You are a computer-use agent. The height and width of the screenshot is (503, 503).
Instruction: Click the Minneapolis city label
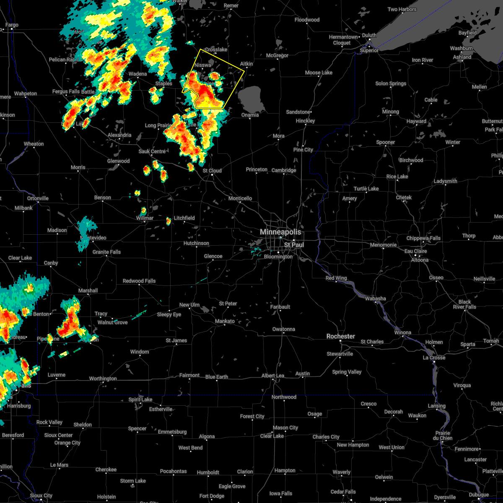tap(280, 232)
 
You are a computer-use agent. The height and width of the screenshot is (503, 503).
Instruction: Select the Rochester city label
tap(341, 336)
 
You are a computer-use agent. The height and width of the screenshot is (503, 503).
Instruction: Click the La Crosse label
tap(434, 358)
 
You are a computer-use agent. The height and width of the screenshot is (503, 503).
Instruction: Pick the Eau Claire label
tap(415, 251)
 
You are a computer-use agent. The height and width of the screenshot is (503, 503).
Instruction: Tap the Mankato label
tap(225, 321)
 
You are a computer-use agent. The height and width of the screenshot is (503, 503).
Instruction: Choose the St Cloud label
tap(212, 171)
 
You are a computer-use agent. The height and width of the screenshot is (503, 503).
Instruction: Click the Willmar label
tap(145, 218)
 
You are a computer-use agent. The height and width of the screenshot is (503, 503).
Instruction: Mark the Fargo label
tap(12, 25)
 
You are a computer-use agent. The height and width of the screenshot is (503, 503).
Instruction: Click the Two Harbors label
tap(402, 9)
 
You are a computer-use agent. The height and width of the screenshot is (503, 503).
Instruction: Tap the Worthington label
tap(103, 379)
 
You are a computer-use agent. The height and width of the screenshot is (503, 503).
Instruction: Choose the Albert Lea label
tap(272, 376)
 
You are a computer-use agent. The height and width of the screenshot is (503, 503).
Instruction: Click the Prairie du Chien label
tap(443, 436)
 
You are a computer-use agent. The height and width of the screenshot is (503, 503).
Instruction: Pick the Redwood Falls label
tap(139, 281)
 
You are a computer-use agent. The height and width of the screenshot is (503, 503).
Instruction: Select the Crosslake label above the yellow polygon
tap(216, 49)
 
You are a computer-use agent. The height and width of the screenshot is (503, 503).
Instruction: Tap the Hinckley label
tap(305, 121)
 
